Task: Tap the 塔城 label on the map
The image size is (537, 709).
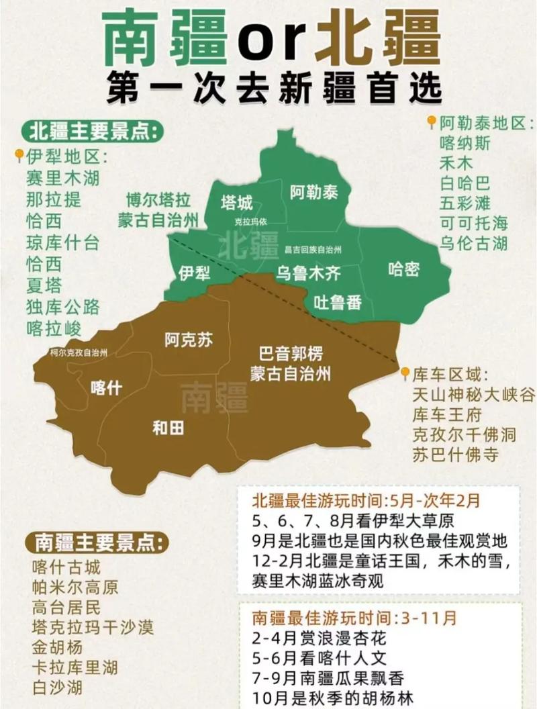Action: coord(237,203)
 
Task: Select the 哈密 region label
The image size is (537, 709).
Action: coord(404,269)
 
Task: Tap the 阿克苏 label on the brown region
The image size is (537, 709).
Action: coord(189,340)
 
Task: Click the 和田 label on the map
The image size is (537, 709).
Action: coord(168,428)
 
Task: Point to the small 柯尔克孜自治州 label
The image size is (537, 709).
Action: coord(79,352)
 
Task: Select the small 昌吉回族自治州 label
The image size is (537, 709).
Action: coord(313,249)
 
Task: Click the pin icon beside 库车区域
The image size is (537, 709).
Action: coord(405,373)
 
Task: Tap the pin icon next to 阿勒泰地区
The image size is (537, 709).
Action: coord(432,122)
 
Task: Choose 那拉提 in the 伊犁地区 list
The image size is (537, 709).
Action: coord(54,199)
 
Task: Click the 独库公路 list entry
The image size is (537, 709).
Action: coord(62,307)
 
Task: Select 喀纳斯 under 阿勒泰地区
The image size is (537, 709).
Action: coord(465,143)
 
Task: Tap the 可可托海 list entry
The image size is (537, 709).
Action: coord(474,223)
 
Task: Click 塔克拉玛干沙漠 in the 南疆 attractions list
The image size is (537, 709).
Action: coord(93,627)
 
